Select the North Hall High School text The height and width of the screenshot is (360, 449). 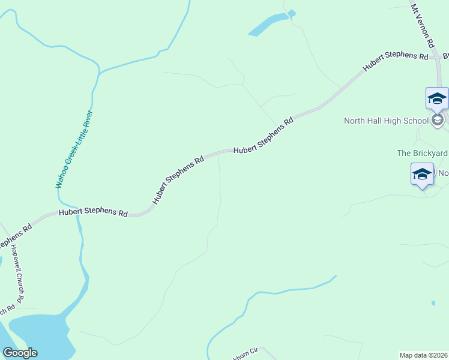386,121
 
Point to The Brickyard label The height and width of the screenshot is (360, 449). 422,153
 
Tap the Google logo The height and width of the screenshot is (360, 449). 20,353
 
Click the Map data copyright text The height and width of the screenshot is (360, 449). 423,355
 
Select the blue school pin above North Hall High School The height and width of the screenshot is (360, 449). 437,98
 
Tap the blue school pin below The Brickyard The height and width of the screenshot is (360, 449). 422,174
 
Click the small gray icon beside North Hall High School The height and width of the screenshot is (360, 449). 438,120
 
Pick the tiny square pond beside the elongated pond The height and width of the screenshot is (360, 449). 292,13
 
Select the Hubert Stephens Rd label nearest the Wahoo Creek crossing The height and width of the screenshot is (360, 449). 93,213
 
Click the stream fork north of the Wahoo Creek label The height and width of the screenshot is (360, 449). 98,73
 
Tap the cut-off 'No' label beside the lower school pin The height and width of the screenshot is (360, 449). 443,173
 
